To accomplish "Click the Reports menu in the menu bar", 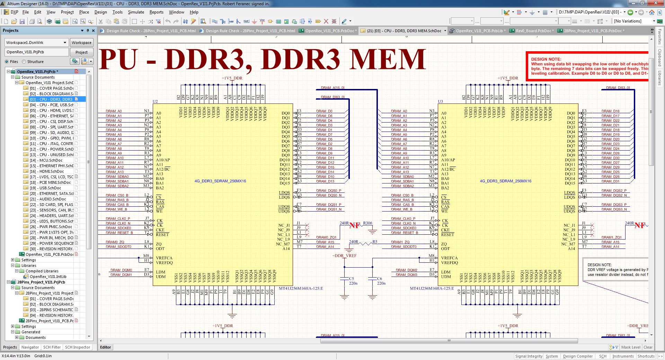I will [x=156, y=12].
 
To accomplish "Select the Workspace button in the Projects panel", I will [x=81, y=43].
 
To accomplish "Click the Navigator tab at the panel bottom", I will [x=30, y=347].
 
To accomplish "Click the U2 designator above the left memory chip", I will [x=155, y=101].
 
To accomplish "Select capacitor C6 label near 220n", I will [x=380, y=278].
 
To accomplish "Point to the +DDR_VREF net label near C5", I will [x=344, y=256].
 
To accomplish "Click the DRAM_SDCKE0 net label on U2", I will [x=118, y=228].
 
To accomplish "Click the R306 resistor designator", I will [x=367, y=223].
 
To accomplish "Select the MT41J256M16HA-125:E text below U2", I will [x=301, y=288].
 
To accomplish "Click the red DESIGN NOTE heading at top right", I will [x=546, y=59].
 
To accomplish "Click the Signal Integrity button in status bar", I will [x=529, y=356].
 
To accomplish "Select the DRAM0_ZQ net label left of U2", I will [x=115, y=242].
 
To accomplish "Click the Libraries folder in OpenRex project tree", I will [x=29, y=265].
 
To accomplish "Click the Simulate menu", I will [x=136, y=12].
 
